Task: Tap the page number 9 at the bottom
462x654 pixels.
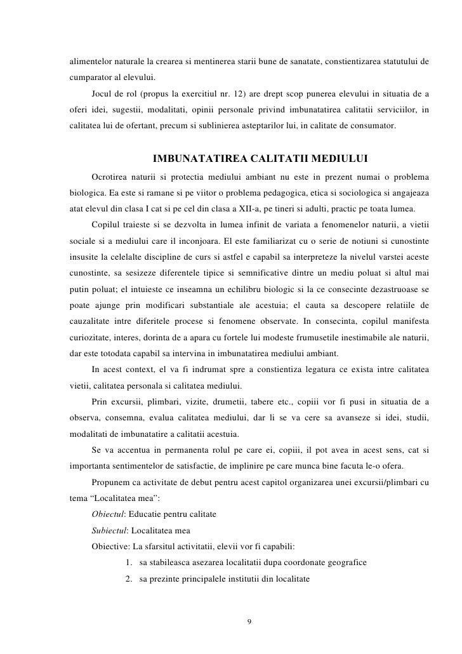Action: [x=249, y=620]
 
